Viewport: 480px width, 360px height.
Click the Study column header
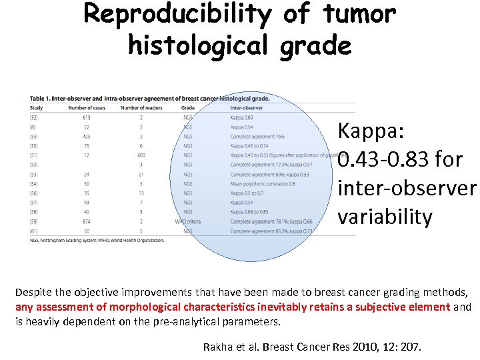[37, 107]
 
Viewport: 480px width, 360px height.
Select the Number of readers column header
[142, 107]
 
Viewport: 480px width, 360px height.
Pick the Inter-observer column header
[246, 107]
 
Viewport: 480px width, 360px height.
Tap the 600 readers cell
[141, 155]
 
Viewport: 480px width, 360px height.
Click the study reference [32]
[34, 117]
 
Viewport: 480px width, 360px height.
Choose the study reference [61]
[34, 230]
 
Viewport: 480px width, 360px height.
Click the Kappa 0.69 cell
[242, 117]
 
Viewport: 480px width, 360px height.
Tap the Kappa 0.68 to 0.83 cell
[250, 211]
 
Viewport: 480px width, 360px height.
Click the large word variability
[385, 217]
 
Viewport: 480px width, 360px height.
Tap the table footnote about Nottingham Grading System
[97, 239]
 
